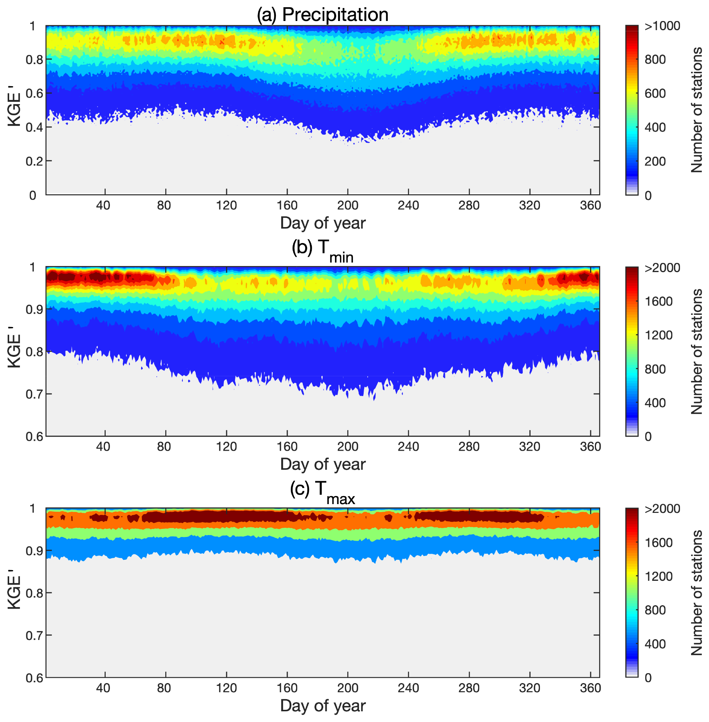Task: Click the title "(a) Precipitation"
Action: coord(322,15)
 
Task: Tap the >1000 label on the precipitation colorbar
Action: coord(662,26)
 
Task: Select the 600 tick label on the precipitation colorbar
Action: coord(655,93)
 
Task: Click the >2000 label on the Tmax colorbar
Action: coord(662,509)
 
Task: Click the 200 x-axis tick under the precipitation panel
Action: coord(348,206)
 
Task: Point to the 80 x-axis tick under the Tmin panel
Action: coord(164,446)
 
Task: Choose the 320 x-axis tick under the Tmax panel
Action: coord(530,688)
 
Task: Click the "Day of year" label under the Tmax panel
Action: coord(323,706)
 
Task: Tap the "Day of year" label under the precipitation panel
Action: coord(323,223)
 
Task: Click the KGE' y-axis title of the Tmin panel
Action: coord(15,351)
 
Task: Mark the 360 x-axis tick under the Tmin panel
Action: coord(590,446)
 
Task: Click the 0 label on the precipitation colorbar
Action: coord(648,196)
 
